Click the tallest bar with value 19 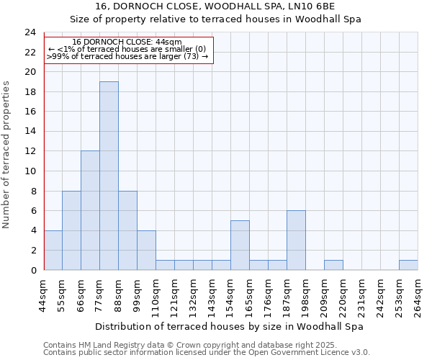point(109,176)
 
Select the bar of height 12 point(90,210)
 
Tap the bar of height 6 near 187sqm point(296,240)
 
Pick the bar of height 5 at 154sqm point(240,245)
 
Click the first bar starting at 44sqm point(53,250)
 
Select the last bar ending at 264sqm point(408,265)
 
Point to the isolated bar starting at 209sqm point(333,265)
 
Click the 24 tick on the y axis point(30,32)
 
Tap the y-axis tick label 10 point(30,171)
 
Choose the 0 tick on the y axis point(32,271)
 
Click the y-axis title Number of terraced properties point(7,154)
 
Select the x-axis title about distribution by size point(230,326)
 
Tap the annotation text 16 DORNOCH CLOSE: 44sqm point(127,42)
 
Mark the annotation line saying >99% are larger point(127,56)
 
